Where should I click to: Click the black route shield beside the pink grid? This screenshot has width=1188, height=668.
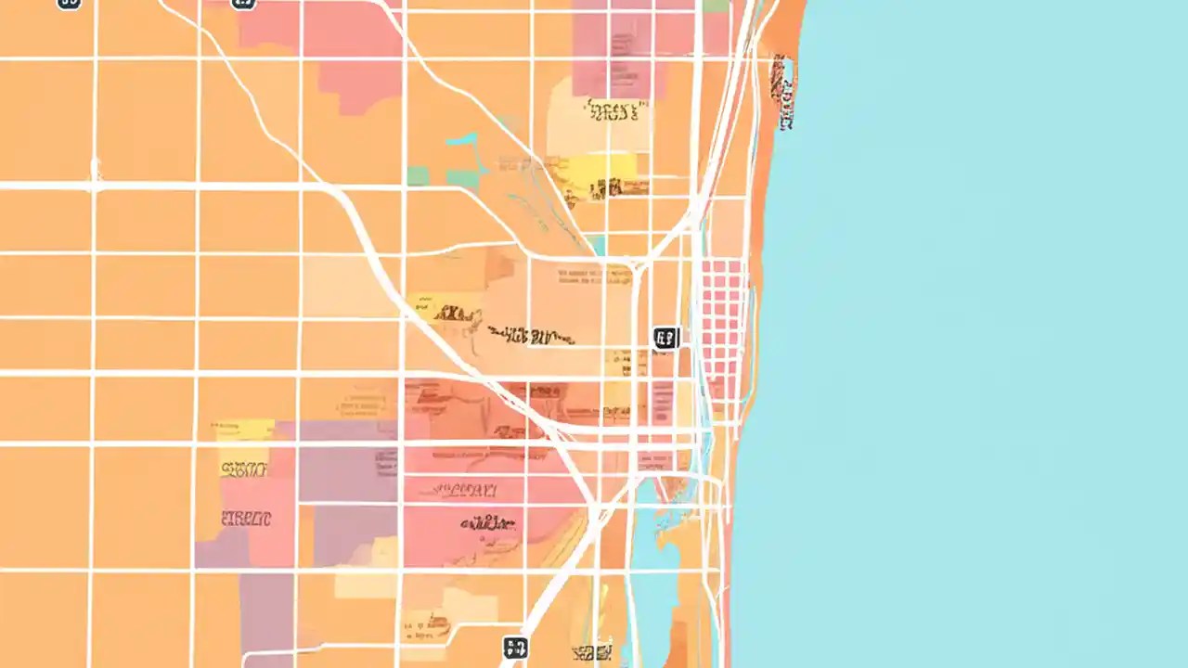coord(665,338)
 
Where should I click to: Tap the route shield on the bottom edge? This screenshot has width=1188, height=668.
coord(515,647)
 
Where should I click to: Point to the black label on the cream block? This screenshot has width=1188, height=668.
coord(613,112)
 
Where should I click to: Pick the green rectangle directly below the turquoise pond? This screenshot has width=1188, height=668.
coord(462,179)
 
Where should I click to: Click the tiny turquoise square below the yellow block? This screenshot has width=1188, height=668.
coord(597,245)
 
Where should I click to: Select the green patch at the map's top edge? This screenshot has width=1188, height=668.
coord(716,6)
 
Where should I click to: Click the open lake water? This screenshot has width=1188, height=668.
coord(975,334)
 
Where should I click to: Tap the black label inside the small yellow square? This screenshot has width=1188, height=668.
coord(244,469)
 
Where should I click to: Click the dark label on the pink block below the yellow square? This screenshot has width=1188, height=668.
coord(246,519)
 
